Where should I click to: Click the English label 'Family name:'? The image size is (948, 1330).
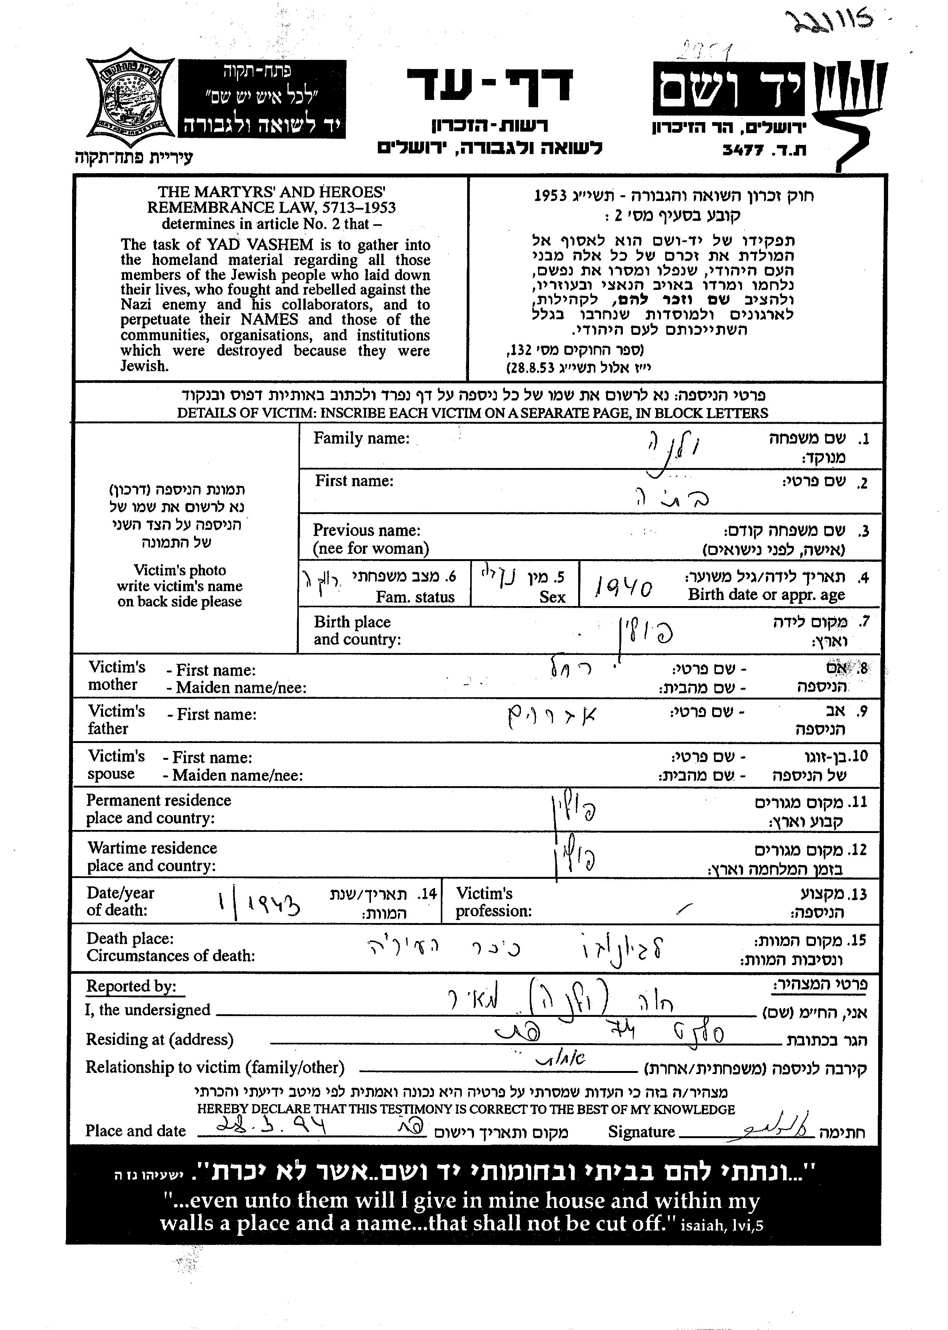(x=361, y=438)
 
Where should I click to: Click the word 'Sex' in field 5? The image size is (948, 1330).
(x=552, y=597)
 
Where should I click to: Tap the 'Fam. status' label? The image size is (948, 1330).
(x=415, y=597)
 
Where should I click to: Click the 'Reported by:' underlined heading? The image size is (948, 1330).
(x=131, y=986)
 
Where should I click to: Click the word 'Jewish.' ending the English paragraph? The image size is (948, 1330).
(x=144, y=366)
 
